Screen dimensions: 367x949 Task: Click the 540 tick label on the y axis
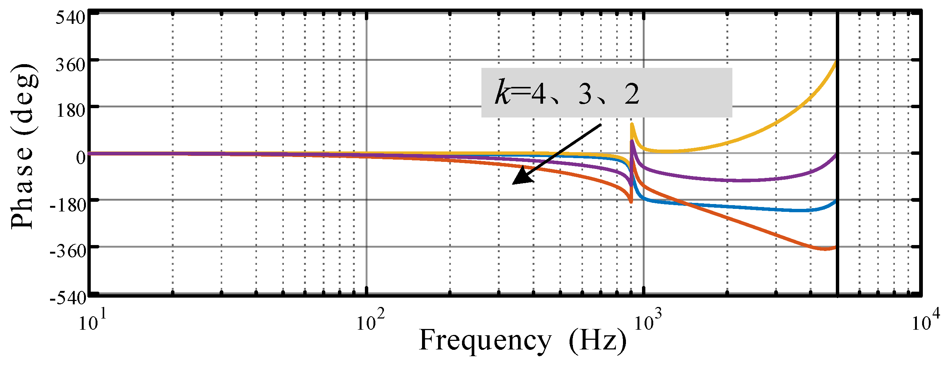71,18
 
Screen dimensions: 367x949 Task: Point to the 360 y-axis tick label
71,65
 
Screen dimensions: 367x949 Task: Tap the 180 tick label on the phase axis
71,111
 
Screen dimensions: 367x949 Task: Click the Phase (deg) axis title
23,146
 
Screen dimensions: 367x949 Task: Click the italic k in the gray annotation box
502,92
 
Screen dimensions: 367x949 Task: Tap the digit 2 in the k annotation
632,94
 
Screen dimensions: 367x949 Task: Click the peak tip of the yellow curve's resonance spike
632,124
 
